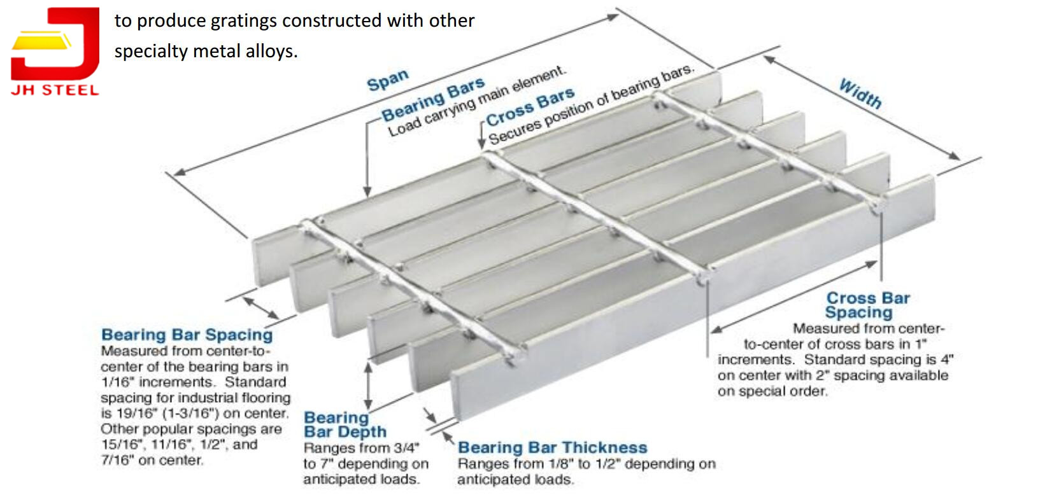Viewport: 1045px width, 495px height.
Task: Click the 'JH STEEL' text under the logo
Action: [x=55, y=90]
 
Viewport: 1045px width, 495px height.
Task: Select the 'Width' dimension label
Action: [x=860, y=94]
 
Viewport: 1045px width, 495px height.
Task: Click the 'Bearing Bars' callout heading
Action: [x=433, y=100]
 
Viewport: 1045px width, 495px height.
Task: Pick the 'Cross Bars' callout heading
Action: [x=530, y=108]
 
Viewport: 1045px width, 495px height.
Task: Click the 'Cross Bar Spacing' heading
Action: [x=867, y=305]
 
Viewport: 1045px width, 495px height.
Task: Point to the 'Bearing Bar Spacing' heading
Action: [x=187, y=335]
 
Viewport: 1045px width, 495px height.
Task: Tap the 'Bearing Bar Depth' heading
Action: [x=344, y=424]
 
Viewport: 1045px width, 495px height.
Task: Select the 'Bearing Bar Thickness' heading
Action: [x=552, y=448]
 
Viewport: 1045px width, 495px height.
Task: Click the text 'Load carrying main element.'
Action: [x=476, y=101]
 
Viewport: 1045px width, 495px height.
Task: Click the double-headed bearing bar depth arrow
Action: [x=367, y=386]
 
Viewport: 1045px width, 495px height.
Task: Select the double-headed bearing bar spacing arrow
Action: [x=261, y=307]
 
